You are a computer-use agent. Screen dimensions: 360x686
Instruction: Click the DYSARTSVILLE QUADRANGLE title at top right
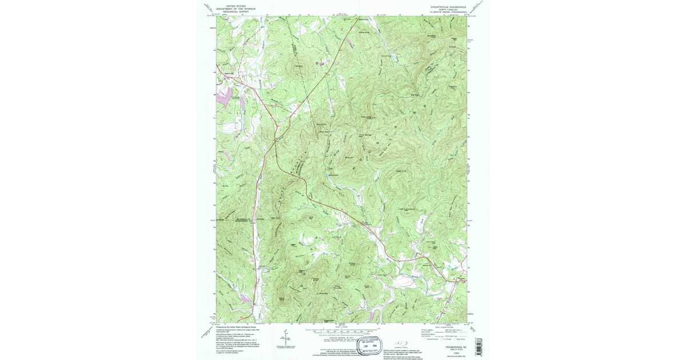(449, 6)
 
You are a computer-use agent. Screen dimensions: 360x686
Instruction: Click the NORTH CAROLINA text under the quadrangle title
(449, 9)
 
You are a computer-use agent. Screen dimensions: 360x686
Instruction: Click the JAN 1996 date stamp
(362, 346)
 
